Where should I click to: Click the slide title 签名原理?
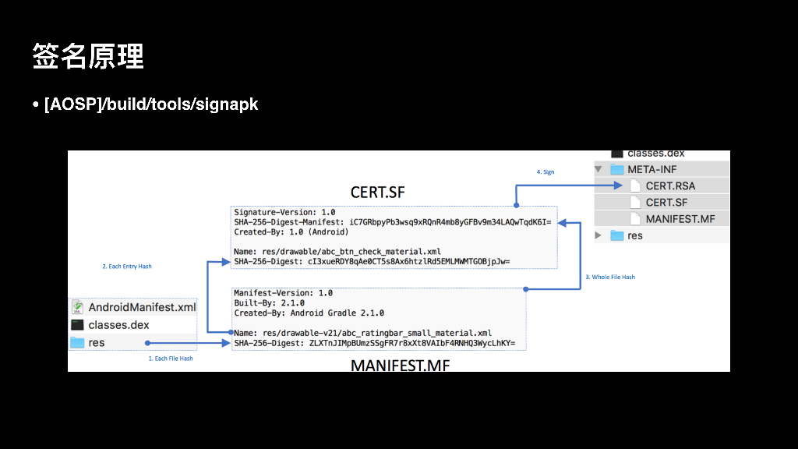(88, 57)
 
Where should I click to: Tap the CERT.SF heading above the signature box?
(378, 193)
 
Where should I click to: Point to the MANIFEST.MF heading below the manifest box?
(400, 365)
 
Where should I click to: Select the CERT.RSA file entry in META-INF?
(670, 186)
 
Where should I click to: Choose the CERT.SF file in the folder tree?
(666, 202)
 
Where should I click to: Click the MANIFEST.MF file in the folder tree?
(680, 219)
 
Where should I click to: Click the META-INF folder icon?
(617, 169)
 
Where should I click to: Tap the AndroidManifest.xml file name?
(142, 307)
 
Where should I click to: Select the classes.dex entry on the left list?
(118, 325)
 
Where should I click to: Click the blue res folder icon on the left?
(77, 343)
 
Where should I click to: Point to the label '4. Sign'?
(546, 171)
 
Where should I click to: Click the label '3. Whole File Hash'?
(610, 277)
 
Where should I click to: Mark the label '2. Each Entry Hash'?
(127, 267)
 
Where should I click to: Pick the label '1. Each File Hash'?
(171, 359)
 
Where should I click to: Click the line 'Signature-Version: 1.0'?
(284, 212)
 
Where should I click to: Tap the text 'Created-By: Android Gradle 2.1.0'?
(309, 313)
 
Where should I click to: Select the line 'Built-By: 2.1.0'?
(269, 303)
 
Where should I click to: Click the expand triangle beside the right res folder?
(598, 235)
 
